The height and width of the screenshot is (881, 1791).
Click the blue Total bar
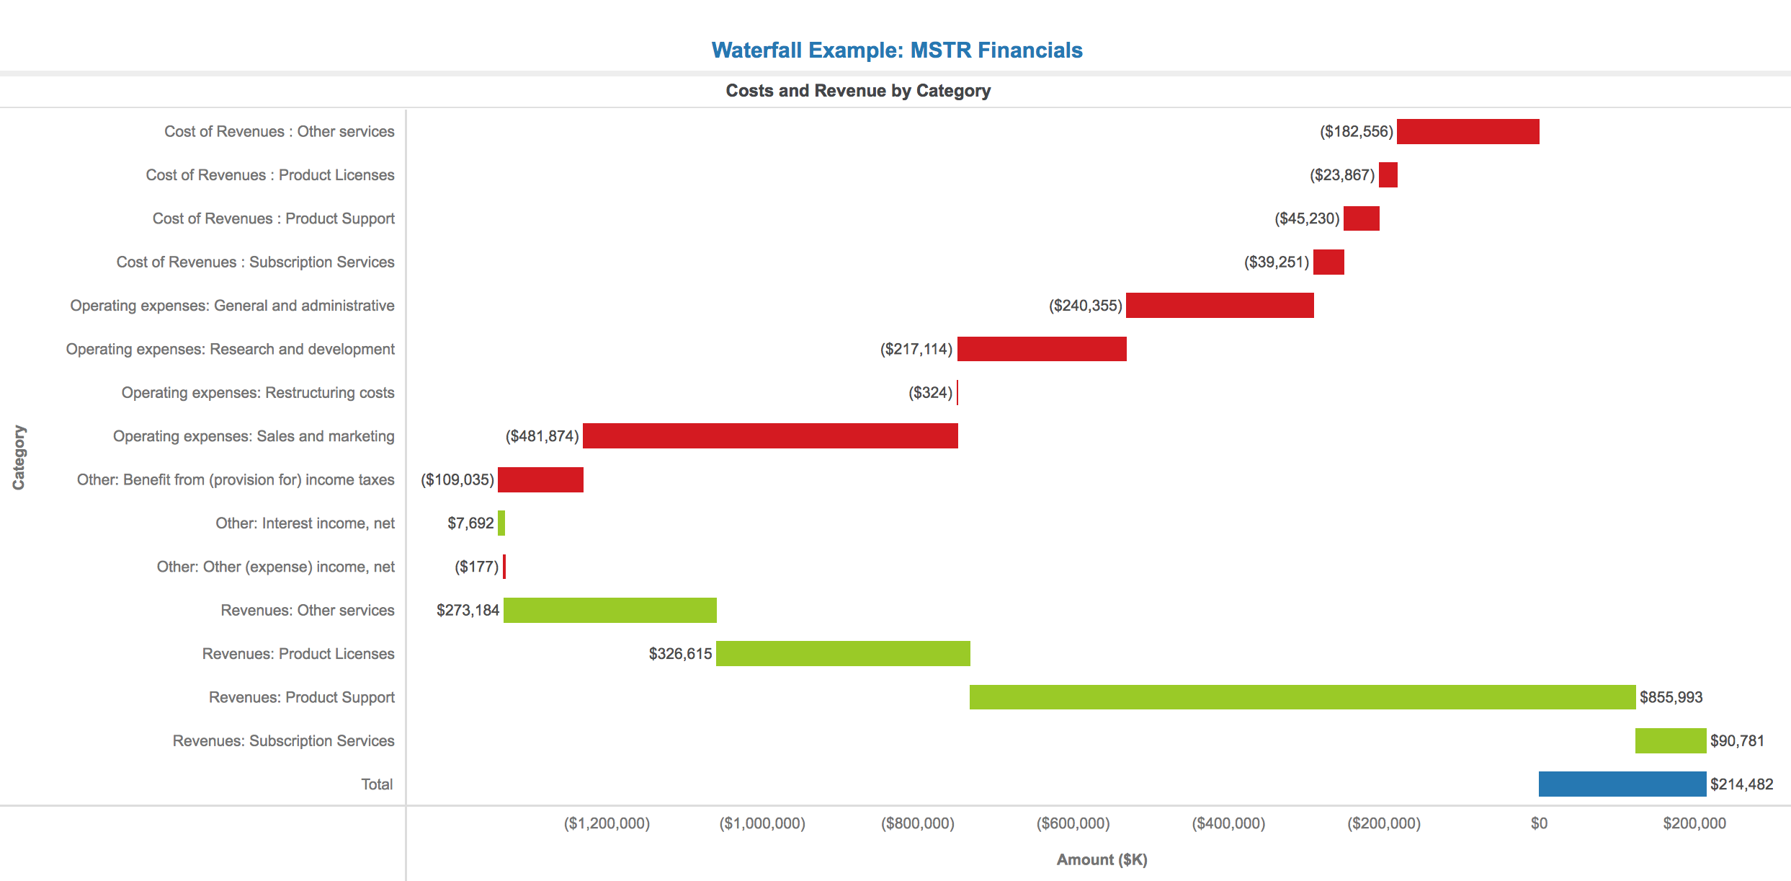click(x=1622, y=784)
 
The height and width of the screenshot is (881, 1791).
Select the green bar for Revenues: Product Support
click(x=1303, y=697)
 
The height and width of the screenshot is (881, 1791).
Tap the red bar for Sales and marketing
click(x=770, y=436)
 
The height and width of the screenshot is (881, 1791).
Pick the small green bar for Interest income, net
click(x=501, y=523)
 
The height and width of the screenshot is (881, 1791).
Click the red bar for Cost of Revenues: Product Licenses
click(x=1388, y=175)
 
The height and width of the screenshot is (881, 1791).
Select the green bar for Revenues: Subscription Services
click(x=1671, y=741)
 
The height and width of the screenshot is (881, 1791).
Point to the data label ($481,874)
click(x=542, y=436)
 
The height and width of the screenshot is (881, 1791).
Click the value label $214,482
click(x=1742, y=784)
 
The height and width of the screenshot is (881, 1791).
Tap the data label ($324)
click(x=930, y=393)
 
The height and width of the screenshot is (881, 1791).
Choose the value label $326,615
click(x=680, y=654)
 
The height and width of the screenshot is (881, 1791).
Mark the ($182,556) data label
click(x=1357, y=132)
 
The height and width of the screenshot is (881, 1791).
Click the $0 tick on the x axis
click(x=1539, y=823)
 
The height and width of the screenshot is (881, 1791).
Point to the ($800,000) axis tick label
click(x=917, y=823)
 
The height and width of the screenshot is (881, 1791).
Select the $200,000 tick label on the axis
click(x=1694, y=823)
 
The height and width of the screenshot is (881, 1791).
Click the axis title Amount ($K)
click(x=1102, y=859)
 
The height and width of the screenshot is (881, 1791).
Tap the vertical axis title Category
click(x=19, y=458)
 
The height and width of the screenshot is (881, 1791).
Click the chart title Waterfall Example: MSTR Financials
click(x=897, y=50)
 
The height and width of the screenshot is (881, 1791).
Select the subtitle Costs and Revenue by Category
click(x=858, y=91)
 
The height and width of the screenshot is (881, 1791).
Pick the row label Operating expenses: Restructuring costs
click(x=258, y=393)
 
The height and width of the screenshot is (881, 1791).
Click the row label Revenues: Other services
click(x=308, y=611)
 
